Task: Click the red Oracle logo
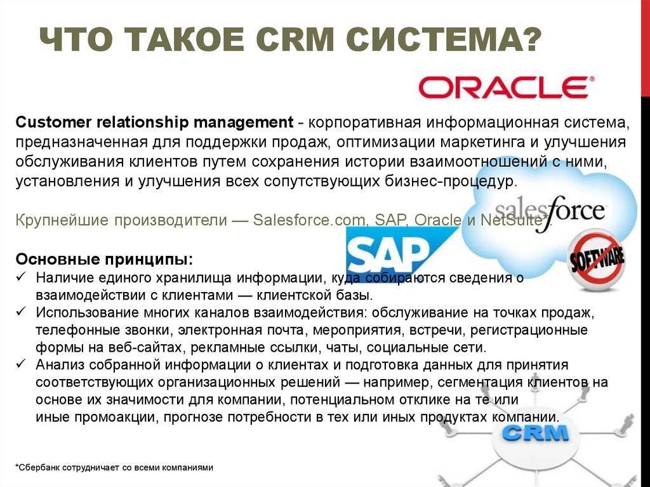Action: [x=505, y=88]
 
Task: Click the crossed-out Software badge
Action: [x=597, y=262]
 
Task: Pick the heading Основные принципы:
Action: [x=105, y=260]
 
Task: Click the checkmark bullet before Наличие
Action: [x=21, y=276]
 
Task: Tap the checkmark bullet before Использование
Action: [x=21, y=311]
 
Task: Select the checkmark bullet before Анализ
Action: [x=21, y=364]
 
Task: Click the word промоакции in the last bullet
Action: [x=116, y=417]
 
